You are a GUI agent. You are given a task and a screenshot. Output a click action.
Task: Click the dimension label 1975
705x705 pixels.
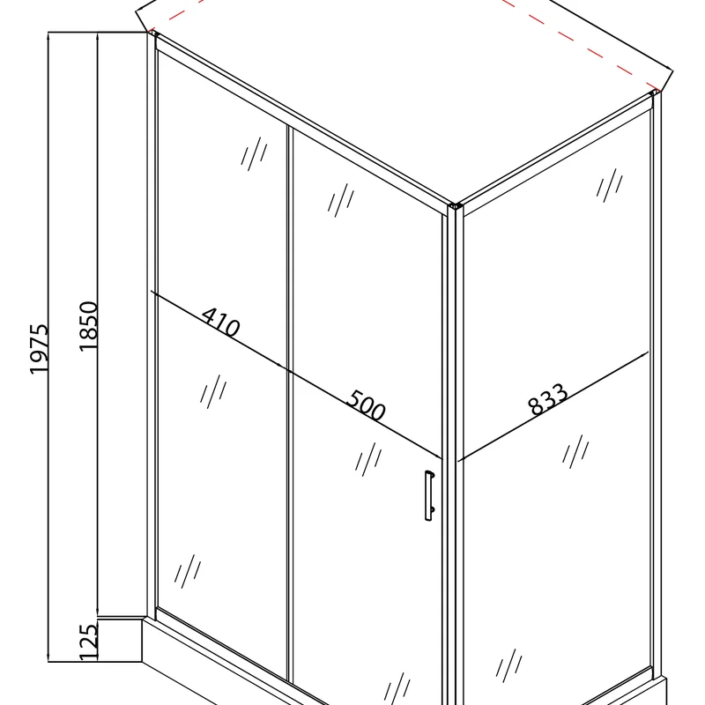click(39, 348)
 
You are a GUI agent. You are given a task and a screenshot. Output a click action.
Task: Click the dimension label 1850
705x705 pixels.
click(88, 326)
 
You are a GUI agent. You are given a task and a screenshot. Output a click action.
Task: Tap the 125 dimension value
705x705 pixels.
click(88, 642)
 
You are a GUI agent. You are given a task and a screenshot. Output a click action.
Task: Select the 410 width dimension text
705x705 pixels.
click(221, 322)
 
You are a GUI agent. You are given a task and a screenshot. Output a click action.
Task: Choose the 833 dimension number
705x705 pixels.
click(547, 398)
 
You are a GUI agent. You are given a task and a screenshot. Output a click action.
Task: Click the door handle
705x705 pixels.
click(429, 495)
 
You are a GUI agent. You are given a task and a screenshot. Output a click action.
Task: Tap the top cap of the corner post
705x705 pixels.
click(456, 206)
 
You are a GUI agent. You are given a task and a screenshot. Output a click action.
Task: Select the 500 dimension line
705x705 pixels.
click(365, 414)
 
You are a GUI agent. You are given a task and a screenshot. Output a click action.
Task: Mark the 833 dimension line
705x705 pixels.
click(553, 406)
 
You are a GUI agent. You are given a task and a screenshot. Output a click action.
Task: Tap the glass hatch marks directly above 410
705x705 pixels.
click(255, 153)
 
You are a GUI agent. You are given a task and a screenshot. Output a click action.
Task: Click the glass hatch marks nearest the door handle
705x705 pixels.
click(368, 459)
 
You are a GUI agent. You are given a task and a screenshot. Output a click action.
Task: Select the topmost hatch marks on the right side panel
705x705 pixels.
click(610, 185)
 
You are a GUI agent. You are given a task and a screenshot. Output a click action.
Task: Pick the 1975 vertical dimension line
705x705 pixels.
click(48, 347)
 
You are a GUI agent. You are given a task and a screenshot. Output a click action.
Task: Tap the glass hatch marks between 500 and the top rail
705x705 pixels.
click(341, 200)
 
